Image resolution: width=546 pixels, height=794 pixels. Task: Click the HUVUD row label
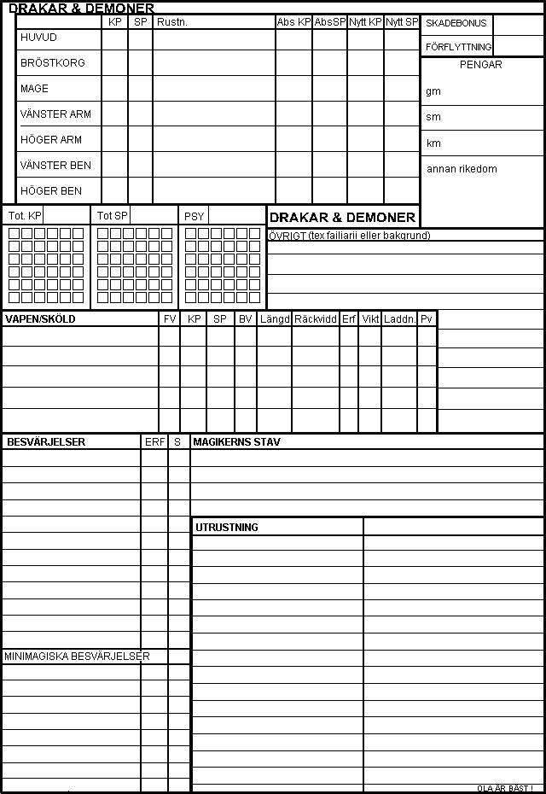38,38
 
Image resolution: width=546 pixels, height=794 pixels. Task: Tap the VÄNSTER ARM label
55,114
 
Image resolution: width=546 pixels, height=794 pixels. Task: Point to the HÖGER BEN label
51,191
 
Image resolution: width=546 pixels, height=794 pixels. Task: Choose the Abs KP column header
293,22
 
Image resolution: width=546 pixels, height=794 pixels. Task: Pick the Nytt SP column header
401,22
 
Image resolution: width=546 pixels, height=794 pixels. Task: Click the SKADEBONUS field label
456,24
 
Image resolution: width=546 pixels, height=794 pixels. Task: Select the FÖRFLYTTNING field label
458,47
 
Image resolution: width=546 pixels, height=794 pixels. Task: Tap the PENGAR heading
481,65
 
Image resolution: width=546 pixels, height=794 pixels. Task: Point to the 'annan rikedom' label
462,169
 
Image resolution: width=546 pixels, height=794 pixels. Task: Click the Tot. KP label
25,216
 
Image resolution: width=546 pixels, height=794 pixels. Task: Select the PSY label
194,217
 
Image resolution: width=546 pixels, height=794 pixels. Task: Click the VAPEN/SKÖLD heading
40,319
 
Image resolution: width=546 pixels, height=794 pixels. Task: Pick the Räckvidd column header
316,319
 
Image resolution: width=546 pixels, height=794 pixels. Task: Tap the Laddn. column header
399,319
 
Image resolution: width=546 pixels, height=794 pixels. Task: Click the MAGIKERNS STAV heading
236,442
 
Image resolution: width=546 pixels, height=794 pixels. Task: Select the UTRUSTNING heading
227,528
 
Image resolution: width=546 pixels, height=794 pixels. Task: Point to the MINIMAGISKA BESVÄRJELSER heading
77,657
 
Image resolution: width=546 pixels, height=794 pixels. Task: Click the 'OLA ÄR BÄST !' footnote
505,788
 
